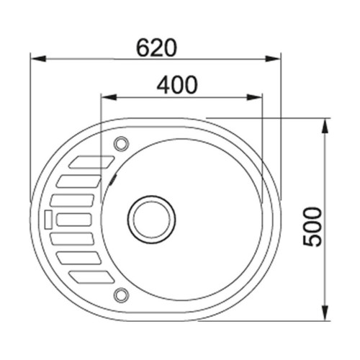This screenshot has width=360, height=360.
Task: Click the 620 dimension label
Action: pos(156,48)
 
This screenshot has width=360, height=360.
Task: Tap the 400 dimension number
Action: pos(177,85)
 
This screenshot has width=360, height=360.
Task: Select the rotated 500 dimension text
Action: pos(312,227)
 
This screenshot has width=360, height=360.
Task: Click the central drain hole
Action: pos(151,220)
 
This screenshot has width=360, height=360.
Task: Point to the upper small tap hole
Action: pos(121,144)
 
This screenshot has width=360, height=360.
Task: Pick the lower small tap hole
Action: pos(121,295)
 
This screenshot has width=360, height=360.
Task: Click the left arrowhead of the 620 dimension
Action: pos(38,58)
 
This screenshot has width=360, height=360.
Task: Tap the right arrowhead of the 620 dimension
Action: pos(273,58)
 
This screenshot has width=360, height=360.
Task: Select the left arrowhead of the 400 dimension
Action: pos(109,97)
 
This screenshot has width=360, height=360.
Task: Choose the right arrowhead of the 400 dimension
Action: pos(254,97)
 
